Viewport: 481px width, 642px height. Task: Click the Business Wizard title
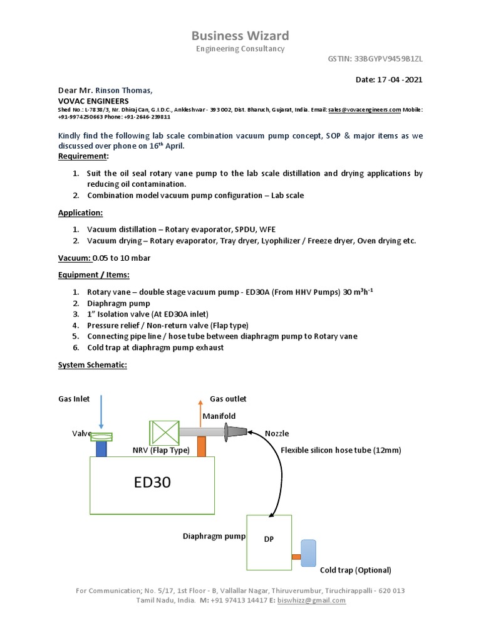(240, 35)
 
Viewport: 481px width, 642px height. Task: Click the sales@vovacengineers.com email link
(365, 109)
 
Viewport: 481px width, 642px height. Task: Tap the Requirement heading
(83, 155)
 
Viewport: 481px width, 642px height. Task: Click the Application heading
(80, 213)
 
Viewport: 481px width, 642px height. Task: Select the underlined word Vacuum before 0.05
(74, 258)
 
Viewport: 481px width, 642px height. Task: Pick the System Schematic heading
(93, 365)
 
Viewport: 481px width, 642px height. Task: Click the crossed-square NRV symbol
(164, 433)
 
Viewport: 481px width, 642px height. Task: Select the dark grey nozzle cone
(235, 431)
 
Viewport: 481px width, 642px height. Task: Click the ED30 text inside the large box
(152, 483)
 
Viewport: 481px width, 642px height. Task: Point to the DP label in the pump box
(269, 539)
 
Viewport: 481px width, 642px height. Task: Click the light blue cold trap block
(308, 553)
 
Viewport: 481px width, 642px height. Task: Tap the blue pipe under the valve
(101, 449)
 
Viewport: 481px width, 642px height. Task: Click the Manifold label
(218, 416)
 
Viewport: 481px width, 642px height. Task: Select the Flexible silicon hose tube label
(341, 450)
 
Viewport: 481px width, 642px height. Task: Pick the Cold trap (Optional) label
(355, 570)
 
